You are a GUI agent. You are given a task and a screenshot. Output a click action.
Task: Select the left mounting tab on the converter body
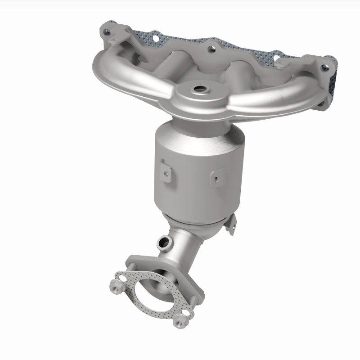tap(166, 172)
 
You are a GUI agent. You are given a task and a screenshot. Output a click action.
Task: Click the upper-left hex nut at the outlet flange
tap(114, 285)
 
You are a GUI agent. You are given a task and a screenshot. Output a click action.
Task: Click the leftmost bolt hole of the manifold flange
tap(106, 31)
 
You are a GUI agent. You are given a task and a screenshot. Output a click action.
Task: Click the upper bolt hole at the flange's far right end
tap(324, 68)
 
